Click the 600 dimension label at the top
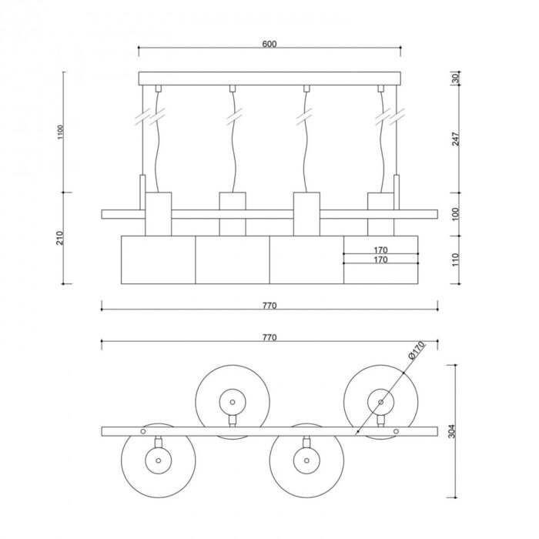coord(269,44)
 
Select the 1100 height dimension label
coord(61,132)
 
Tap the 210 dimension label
coord(60,238)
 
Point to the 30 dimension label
coord(456,79)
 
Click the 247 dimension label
coord(456,139)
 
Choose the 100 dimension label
coord(456,214)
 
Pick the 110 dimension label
coord(456,259)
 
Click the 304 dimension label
coord(452,431)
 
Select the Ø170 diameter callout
coord(417,350)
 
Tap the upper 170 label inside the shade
coord(380,250)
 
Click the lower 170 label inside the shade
coord(380,259)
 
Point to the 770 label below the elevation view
coord(269,306)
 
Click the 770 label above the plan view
coord(269,337)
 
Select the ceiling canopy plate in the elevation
coord(269,79)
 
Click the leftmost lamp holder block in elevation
coord(158,214)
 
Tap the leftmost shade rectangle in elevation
coord(158,260)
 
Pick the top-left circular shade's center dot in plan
coord(233,402)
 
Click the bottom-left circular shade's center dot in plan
coord(158,460)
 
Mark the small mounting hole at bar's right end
coord(396,431)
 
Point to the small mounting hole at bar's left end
coord(143,431)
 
